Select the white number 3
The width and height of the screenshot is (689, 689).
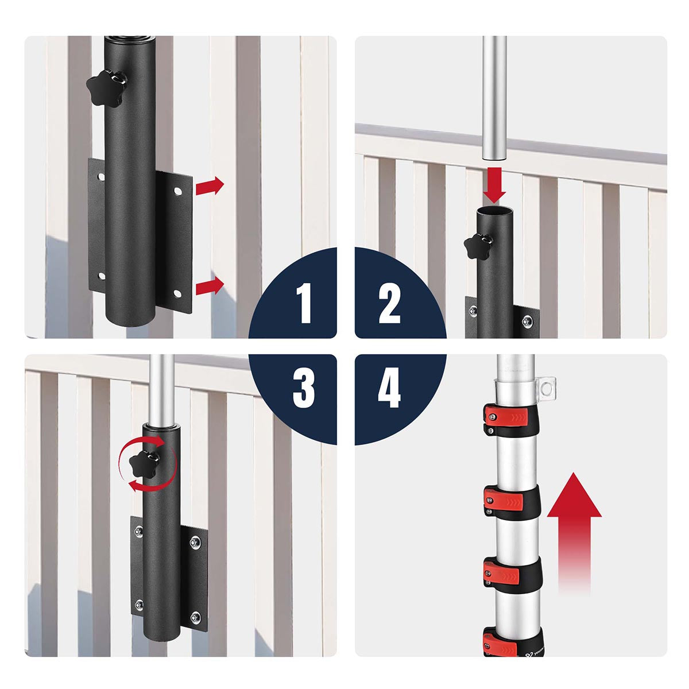click(x=304, y=388)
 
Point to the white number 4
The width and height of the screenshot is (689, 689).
click(x=389, y=388)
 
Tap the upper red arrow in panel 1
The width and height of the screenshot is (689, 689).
click(x=210, y=186)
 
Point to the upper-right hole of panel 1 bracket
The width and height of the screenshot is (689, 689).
click(x=177, y=192)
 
